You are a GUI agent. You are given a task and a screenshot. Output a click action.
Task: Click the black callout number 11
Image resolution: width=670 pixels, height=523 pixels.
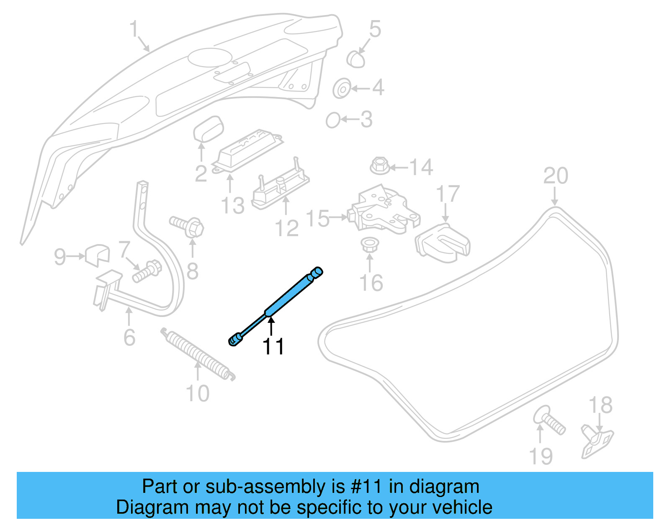point(273,347)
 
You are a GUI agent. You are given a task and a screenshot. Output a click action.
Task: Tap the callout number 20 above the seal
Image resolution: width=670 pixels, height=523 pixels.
point(555,176)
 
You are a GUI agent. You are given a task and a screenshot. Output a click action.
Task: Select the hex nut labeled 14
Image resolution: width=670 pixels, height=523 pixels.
point(380,166)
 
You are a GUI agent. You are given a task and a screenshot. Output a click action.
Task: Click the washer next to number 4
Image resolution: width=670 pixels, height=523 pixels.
point(342,89)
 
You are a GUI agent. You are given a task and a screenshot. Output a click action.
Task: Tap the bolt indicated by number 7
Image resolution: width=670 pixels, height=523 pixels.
point(146,271)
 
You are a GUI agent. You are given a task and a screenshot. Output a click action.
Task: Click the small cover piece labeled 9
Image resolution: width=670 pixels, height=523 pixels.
point(98,254)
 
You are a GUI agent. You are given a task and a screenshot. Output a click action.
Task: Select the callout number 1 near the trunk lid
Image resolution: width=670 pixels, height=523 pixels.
point(134,29)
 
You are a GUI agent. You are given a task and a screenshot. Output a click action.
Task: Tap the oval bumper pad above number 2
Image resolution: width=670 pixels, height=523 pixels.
point(208,129)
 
